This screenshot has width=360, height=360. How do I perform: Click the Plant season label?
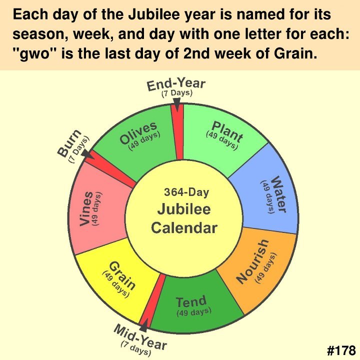[x=227, y=131]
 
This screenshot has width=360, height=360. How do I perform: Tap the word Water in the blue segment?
[x=279, y=194]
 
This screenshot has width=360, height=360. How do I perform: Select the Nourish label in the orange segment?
[x=253, y=261]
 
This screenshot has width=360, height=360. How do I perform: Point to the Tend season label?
[x=191, y=301]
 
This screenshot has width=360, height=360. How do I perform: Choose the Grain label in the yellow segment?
[x=122, y=275]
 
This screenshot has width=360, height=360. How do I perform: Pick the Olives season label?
[x=138, y=132]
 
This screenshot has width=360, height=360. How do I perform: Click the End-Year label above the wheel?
[x=176, y=84]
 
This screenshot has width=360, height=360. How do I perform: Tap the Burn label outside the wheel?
[x=69, y=143]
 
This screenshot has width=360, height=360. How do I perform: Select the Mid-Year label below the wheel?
[x=140, y=337]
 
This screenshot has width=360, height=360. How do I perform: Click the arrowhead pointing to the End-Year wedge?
[x=177, y=104]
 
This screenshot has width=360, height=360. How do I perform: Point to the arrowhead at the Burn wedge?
[x=87, y=154]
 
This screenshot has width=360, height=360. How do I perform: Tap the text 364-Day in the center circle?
[x=186, y=192]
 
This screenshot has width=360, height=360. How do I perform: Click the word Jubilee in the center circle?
[x=184, y=209]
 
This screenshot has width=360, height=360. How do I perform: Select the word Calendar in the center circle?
[x=184, y=228]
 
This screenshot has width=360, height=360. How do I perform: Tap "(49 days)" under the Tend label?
[x=194, y=312]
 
